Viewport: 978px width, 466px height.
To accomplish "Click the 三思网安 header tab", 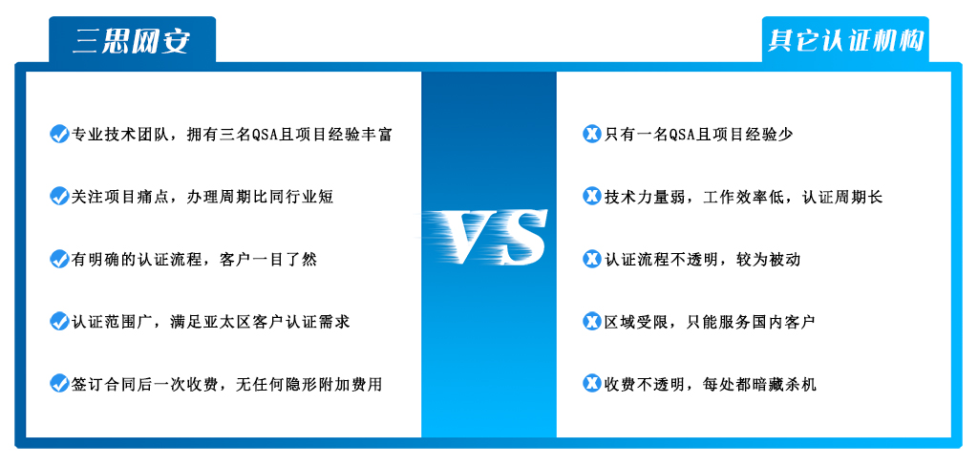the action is [132, 40].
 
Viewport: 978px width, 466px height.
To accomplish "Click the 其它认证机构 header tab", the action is [845, 40].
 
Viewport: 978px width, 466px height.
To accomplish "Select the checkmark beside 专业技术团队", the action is [58, 134].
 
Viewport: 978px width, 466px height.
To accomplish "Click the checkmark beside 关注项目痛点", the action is [58, 196].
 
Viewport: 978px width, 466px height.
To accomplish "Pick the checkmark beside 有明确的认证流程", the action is [58, 258].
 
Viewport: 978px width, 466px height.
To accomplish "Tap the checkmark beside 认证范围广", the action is [58, 321].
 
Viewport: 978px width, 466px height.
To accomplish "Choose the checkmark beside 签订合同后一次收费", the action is [58, 383].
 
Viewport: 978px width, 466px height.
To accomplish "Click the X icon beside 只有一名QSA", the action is [591, 134].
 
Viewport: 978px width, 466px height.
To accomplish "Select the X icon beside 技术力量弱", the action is [591, 196].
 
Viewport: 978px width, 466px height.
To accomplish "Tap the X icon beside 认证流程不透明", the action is [591, 258].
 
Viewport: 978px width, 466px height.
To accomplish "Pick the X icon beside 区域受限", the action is [591, 321].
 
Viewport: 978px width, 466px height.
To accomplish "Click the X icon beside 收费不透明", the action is [591, 383].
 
